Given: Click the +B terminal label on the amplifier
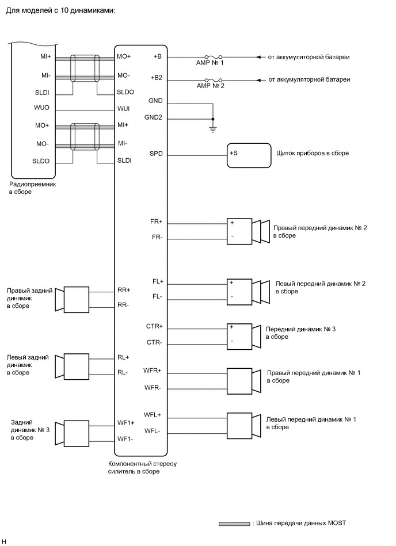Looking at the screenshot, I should [x=157, y=57].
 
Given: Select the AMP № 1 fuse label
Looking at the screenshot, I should [x=210, y=63].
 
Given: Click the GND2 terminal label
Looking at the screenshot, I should [x=154, y=118].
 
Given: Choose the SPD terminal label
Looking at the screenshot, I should [x=156, y=154].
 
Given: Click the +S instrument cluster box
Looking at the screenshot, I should [x=249, y=155].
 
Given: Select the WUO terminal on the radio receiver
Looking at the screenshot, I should [x=42, y=108].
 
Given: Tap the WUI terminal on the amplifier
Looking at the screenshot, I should [x=124, y=108].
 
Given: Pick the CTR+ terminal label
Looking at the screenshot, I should [x=154, y=326].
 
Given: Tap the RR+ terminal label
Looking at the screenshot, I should [x=124, y=290].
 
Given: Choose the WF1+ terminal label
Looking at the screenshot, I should [x=125, y=423].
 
